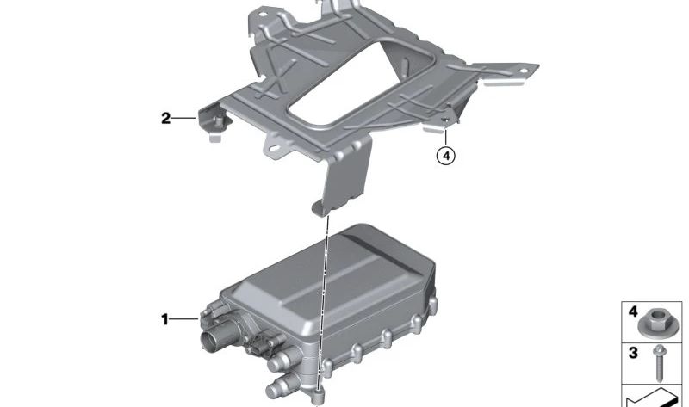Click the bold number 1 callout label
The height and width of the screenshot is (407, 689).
164,319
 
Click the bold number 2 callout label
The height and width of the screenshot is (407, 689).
165,118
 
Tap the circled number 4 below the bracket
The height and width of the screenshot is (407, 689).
444,157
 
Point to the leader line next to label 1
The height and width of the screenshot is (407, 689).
185,319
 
